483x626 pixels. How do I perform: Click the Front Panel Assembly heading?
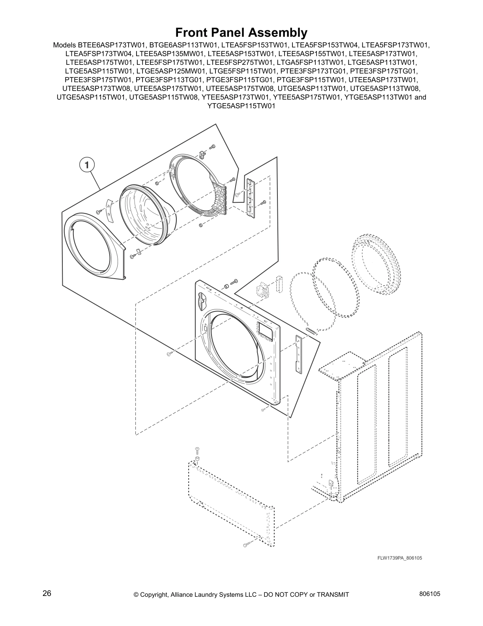tap(241, 32)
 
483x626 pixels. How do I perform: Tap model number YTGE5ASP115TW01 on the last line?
tap(241, 106)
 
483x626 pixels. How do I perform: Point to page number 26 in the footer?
tap(47, 593)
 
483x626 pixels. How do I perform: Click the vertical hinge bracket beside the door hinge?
tap(250, 196)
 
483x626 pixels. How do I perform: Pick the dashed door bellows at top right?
tap(375, 263)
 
